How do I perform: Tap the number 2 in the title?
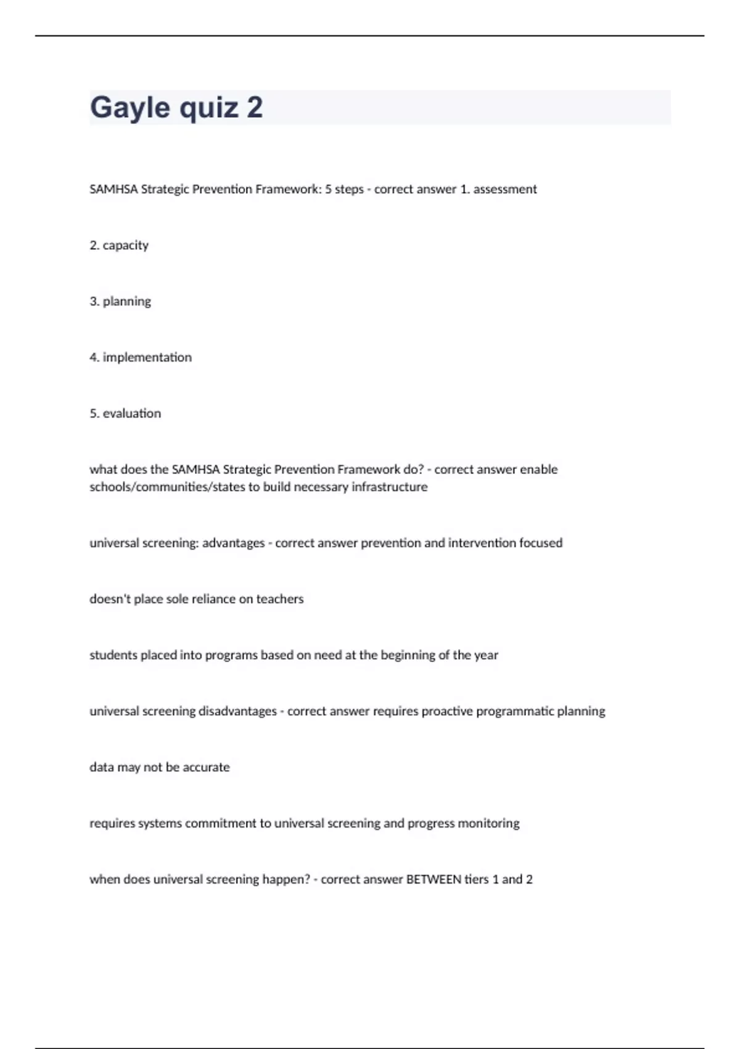[255, 108]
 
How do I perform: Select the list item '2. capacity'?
[119, 246]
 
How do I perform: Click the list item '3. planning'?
[120, 302]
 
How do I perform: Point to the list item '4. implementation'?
[141, 357]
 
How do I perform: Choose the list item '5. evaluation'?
[125, 413]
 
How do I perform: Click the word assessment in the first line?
[505, 189]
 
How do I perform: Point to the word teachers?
[280, 599]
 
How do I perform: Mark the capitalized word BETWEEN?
[434, 879]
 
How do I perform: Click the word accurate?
[206, 768]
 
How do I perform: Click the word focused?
[541, 543]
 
